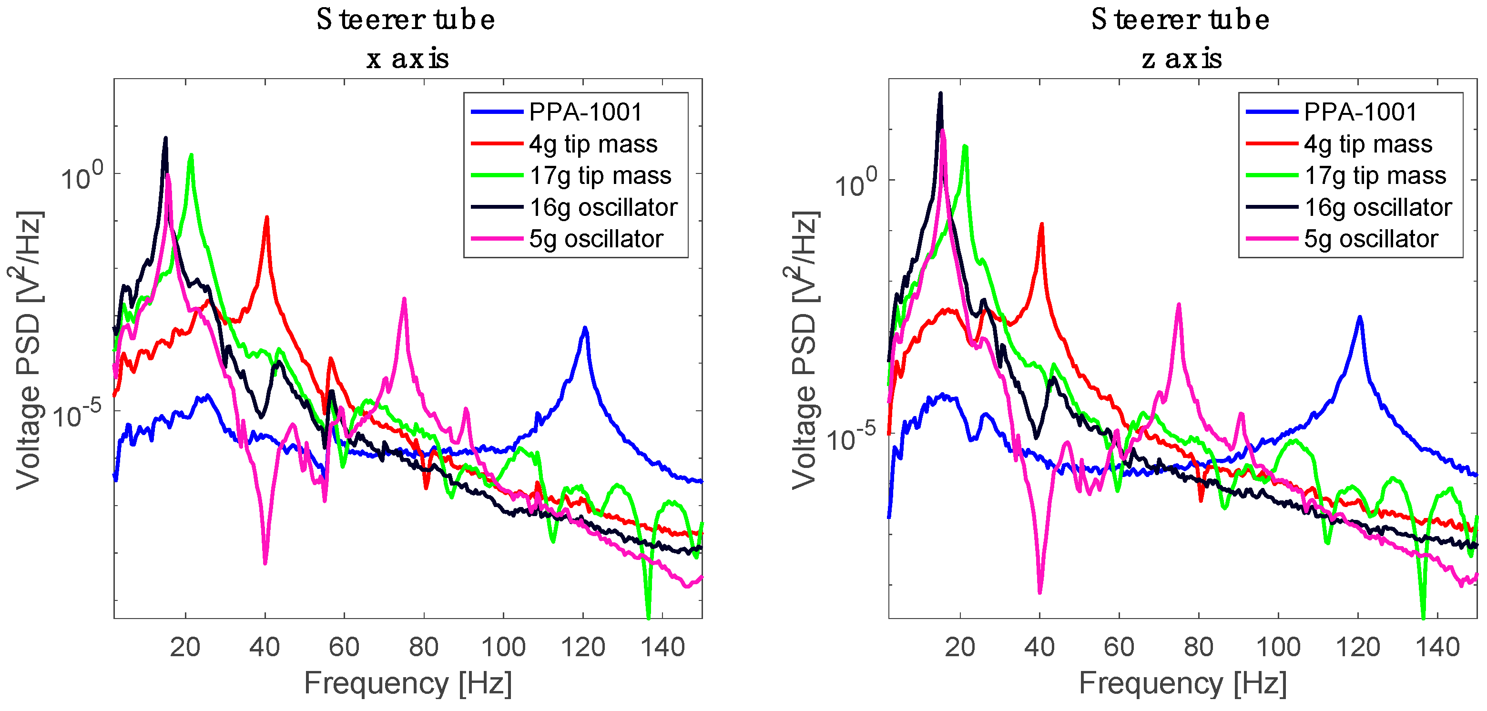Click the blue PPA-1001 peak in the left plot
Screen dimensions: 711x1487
(x=585, y=329)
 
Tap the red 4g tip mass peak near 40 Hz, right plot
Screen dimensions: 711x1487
(x=1041, y=225)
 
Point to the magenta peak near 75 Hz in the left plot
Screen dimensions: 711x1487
(x=404, y=300)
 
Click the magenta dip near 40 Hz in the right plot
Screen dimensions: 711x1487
(x=1039, y=590)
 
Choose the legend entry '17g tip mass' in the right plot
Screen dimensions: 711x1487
(x=1375, y=175)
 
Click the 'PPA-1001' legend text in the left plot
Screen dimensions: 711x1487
(x=585, y=112)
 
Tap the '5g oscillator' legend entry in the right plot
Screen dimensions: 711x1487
(x=1370, y=239)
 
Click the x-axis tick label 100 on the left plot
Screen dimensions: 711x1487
(x=503, y=647)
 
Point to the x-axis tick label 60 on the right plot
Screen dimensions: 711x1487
(x=1119, y=647)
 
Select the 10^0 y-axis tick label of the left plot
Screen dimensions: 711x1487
(x=81, y=176)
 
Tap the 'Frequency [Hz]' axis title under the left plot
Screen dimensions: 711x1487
(x=407, y=684)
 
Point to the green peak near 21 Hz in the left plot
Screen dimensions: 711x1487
(x=191, y=156)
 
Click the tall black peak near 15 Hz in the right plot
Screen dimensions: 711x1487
(x=940, y=94)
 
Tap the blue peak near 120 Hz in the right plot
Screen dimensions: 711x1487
(x=1360, y=317)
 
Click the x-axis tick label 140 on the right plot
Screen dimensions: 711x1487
(x=1437, y=647)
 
